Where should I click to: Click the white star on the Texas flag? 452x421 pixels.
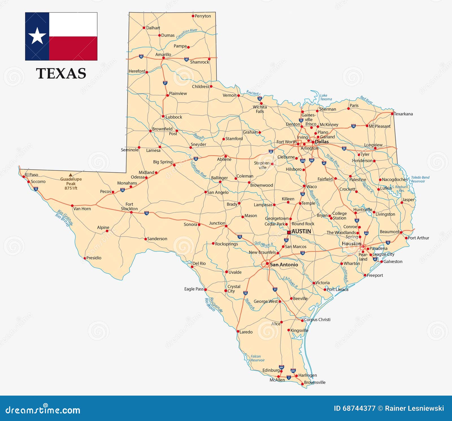pyautogui.click(x=37, y=36)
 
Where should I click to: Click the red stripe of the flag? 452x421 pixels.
pyautogui.click(x=73, y=48)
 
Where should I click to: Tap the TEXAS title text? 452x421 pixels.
pyautogui.click(x=61, y=73)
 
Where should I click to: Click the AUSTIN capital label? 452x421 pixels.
pyautogui.click(x=301, y=231)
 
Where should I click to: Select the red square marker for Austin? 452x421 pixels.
pyautogui.click(x=289, y=233)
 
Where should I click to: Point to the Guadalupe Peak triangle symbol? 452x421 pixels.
pyautogui.click(x=70, y=175)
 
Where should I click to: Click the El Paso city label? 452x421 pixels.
pyautogui.click(x=32, y=175)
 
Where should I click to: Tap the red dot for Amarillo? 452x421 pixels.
pyautogui.click(x=163, y=58)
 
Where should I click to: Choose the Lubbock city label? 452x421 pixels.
pyautogui.click(x=174, y=117)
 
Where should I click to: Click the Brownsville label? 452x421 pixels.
pyautogui.click(x=315, y=382)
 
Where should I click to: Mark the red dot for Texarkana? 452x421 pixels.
pyautogui.click(x=392, y=114)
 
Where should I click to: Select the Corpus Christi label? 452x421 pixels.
pyautogui.click(x=317, y=319)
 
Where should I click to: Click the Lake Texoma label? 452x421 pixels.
pyautogui.click(x=326, y=97)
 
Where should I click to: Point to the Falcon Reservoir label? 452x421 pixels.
pyautogui.click(x=257, y=358)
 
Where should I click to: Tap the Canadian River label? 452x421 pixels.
pyautogui.click(x=187, y=34)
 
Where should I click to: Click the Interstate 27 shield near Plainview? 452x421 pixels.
pyautogui.click(x=165, y=83)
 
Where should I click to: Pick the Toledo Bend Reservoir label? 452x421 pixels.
pyautogui.click(x=420, y=179)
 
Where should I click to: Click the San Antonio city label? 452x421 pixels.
pyautogui.click(x=284, y=265)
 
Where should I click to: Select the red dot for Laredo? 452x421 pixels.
pyautogui.click(x=238, y=332)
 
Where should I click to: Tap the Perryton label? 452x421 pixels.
pyautogui.click(x=203, y=16)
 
